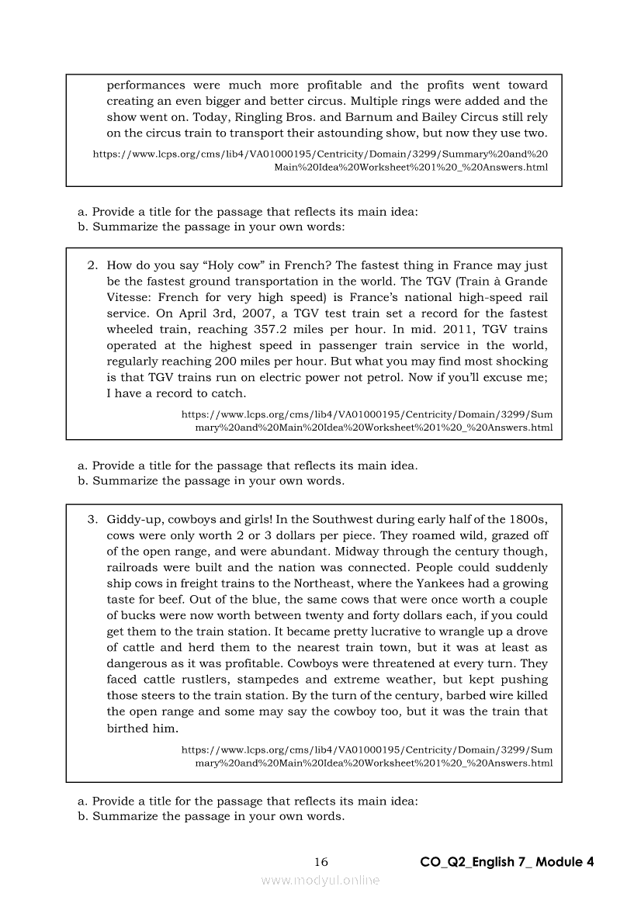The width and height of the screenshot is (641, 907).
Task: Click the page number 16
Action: click(321, 862)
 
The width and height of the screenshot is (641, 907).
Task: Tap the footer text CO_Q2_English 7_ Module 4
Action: click(507, 862)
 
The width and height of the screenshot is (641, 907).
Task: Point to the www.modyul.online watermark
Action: click(320, 880)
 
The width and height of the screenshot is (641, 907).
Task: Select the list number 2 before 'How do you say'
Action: click(92, 265)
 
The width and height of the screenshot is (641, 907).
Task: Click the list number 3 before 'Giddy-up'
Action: click(92, 519)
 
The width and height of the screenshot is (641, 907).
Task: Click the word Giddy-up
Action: click(132, 519)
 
